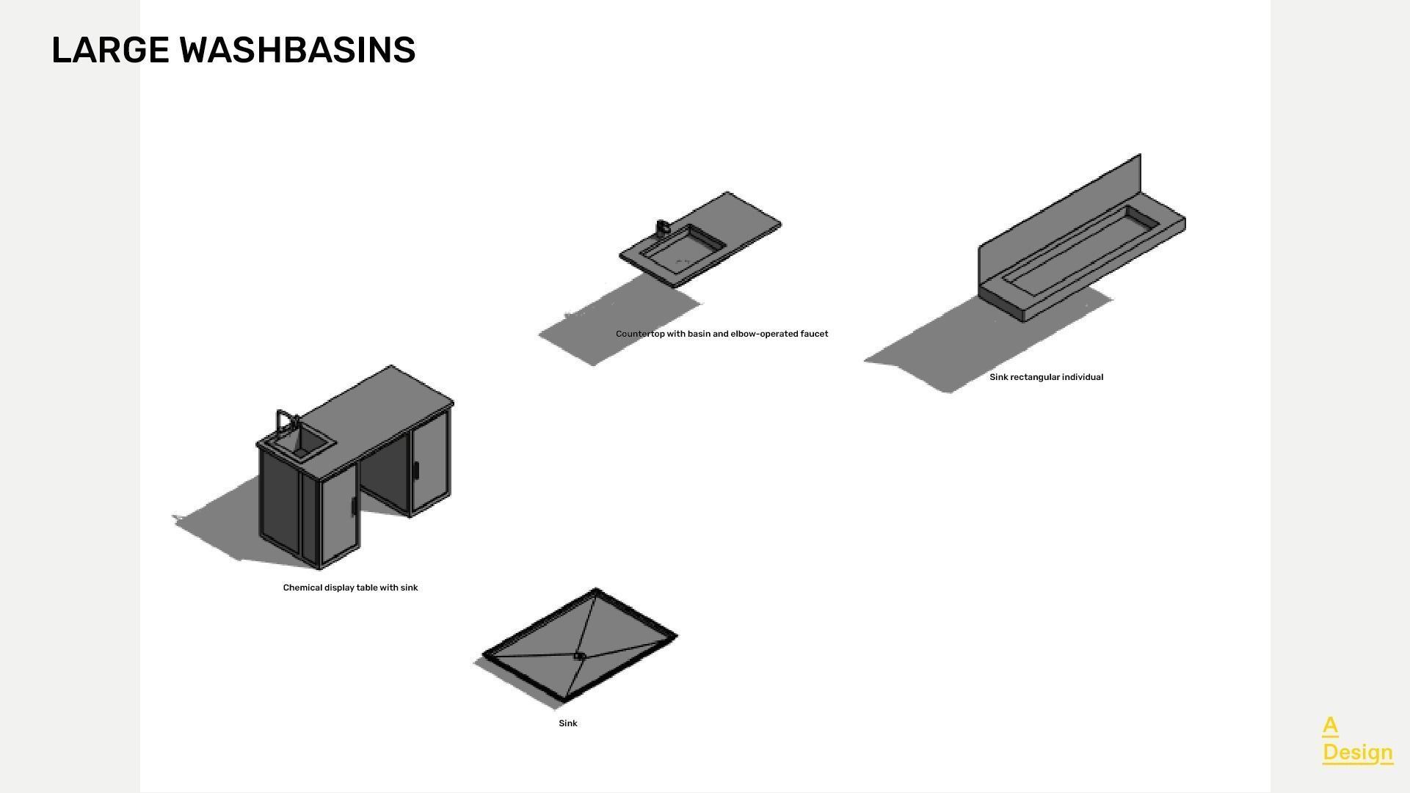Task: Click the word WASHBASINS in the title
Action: (298, 51)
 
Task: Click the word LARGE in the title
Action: (110, 51)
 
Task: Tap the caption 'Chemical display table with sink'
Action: (350, 588)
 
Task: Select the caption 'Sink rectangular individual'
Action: (1046, 377)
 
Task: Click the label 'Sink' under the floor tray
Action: (568, 723)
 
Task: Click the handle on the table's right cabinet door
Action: (415, 470)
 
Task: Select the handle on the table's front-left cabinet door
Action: (353, 507)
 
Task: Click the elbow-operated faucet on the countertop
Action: (662, 227)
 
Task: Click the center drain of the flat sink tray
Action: (578, 656)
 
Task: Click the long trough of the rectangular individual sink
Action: (1079, 246)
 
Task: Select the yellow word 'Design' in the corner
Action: (1357, 753)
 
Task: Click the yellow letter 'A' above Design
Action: (1330, 726)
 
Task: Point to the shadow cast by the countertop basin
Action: (617, 323)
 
